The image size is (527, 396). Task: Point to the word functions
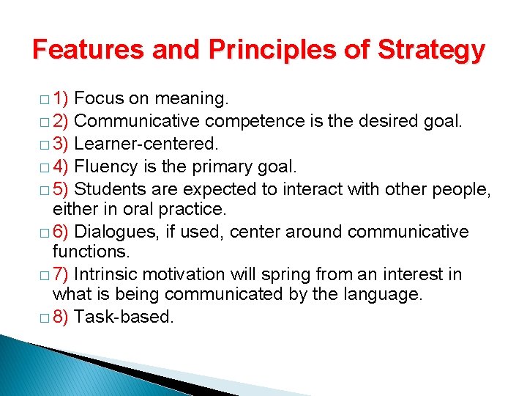coord(90,252)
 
